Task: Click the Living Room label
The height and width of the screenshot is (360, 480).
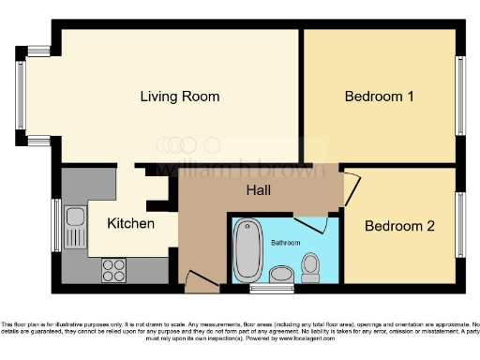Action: (x=180, y=97)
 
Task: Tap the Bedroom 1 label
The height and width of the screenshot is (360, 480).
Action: (x=379, y=97)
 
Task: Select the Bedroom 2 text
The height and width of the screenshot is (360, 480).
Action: (x=399, y=226)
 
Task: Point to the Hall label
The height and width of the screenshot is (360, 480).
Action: (x=259, y=191)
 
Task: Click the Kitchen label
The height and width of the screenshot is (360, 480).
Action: (x=130, y=224)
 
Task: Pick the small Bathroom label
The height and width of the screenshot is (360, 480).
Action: (x=286, y=242)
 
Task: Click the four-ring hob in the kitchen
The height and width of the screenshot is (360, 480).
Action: (x=113, y=269)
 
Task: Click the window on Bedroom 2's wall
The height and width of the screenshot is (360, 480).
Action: (x=461, y=224)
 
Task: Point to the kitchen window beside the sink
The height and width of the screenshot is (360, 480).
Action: (x=56, y=225)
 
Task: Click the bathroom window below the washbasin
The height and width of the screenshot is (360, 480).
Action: (x=265, y=288)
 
